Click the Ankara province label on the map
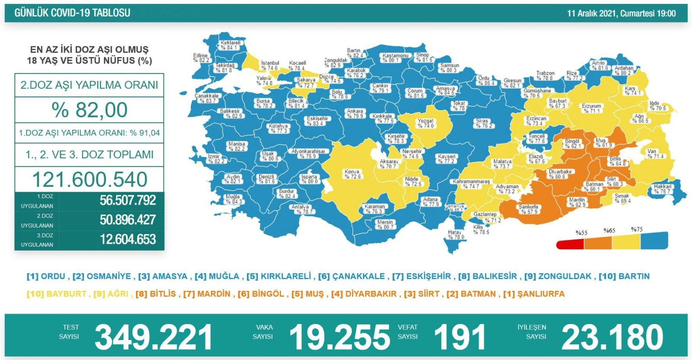(x=355, y=113)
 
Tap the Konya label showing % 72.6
(x=352, y=174)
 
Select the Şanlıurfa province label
(x=529, y=209)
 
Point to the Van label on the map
(x=655, y=154)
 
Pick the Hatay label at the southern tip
(x=455, y=235)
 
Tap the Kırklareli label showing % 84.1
(x=230, y=45)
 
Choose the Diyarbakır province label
(x=560, y=174)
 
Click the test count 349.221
(x=154, y=337)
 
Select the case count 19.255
(x=340, y=337)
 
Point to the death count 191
(x=459, y=337)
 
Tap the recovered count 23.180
(x=612, y=337)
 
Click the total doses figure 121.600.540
(x=90, y=179)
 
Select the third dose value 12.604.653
(x=128, y=239)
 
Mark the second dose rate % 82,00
(x=90, y=110)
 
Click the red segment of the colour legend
(x=570, y=245)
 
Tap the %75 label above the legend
(x=637, y=229)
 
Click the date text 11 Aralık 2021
(x=593, y=13)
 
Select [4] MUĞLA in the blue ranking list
(x=217, y=276)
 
